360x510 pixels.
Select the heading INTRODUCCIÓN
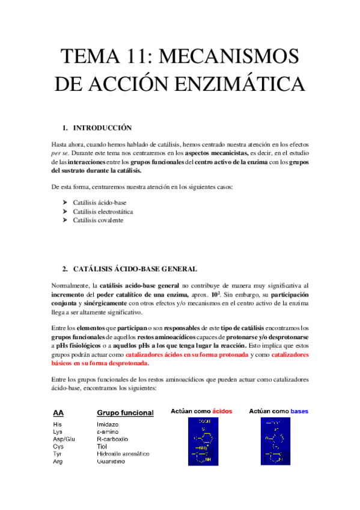click(x=102, y=128)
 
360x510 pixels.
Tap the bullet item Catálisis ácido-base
click(x=99, y=203)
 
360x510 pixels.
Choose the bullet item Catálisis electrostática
click(x=103, y=212)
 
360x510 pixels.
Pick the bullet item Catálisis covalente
click(x=98, y=221)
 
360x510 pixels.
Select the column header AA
click(x=58, y=413)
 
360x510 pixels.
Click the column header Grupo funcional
click(x=125, y=413)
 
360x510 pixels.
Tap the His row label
click(x=57, y=424)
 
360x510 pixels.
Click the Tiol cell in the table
click(x=102, y=446)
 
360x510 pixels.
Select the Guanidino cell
click(x=111, y=461)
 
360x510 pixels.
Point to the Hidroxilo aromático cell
click(x=123, y=454)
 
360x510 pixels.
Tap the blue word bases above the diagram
click(x=299, y=411)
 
